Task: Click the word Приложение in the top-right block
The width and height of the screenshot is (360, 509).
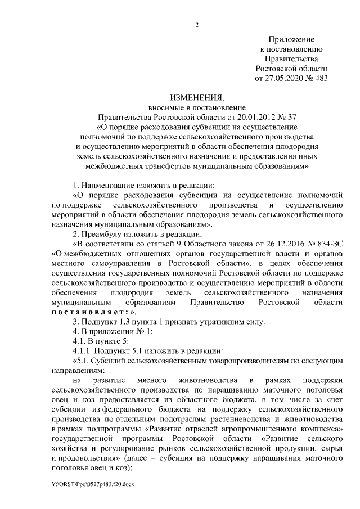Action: coord(291,40)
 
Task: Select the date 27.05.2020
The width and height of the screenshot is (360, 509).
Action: coord(281,78)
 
